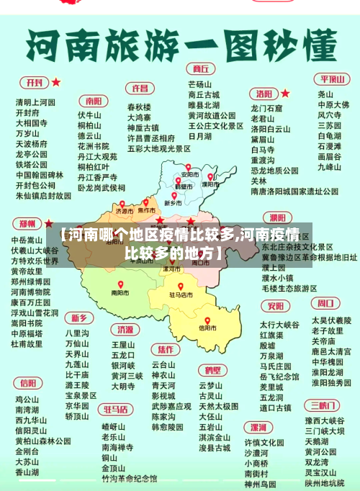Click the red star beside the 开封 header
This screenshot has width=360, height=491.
point(55,82)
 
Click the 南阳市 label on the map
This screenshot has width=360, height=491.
point(120,293)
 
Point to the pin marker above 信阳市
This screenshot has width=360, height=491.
point(207,321)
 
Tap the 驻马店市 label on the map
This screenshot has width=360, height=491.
point(181,294)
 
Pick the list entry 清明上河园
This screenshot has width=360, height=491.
point(35,102)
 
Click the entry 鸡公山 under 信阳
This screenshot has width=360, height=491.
point(27,399)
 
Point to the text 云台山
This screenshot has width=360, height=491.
point(163,364)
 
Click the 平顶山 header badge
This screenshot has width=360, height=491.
point(334,79)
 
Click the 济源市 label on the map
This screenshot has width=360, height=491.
point(125,212)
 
